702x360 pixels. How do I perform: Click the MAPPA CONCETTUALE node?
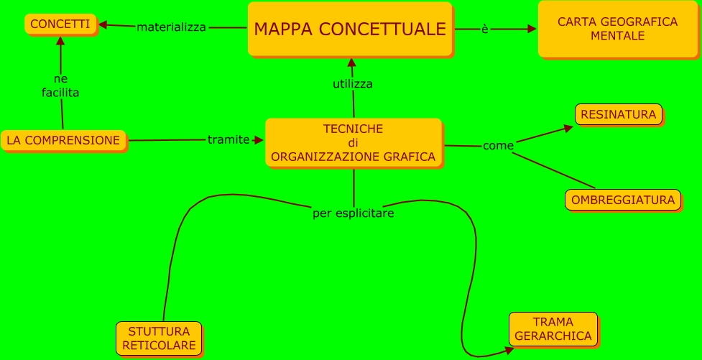click(350, 29)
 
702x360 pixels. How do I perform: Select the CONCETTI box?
click(60, 24)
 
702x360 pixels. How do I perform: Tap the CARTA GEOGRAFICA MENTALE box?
click(617, 29)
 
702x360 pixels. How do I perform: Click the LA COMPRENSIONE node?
click(63, 140)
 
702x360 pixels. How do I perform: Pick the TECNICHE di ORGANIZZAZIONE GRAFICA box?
click(353, 142)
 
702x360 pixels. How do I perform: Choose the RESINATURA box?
click(618, 114)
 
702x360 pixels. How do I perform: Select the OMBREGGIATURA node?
click(622, 200)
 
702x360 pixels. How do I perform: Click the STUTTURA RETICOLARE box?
click(159, 338)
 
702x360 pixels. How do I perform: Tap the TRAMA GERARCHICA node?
click(553, 329)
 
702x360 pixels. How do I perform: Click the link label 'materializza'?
click(171, 27)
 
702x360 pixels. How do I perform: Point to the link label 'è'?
click(485, 29)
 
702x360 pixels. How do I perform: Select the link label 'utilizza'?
click(352, 84)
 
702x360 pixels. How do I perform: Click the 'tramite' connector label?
click(228, 139)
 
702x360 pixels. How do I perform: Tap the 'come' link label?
click(498, 146)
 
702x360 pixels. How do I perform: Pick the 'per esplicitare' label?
click(354, 213)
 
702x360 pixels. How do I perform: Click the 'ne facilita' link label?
click(60, 86)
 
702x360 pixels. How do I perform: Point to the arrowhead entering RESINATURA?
click(569, 128)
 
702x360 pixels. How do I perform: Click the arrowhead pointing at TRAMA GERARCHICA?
click(509, 350)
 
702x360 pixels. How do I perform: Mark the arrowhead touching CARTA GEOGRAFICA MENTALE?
click(532, 29)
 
